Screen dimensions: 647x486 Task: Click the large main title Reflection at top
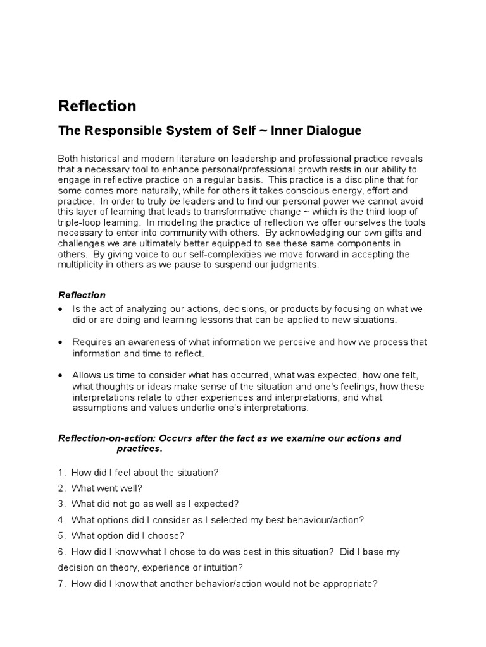97,106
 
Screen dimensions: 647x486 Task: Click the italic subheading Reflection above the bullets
82,295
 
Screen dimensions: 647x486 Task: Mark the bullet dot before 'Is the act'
60,309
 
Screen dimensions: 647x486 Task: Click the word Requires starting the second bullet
91,342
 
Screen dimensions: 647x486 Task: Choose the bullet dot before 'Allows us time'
60,375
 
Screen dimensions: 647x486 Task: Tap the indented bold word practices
140,449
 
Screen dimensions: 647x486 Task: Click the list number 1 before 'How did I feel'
61,472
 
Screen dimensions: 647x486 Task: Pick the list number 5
61,536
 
